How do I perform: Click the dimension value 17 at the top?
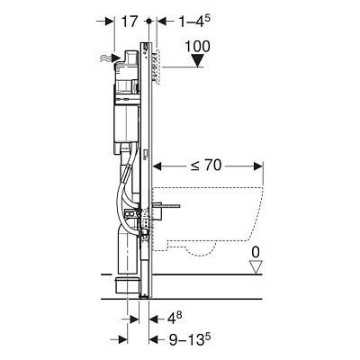pyautogui.click(x=130, y=22)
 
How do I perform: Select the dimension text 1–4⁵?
pyautogui.click(x=194, y=22)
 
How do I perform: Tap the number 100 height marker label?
pyautogui.click(x=197, y=47)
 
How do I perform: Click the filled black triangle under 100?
pyautogui.click(x=197, y=61)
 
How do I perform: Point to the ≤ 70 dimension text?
pyautogui.click(x=206, y=165)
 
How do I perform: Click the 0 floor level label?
pyautogui.click(x=256, y=253)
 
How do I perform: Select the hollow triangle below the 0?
pyautogui.click(x=256, y=267)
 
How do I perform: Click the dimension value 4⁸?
pyautogui.click(x=174, y=319)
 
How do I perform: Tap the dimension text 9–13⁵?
pyautogui.click(x=189, y=339)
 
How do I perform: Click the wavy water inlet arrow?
pyautogui.click(x=110, y=58)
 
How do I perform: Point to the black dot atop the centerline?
pyautogui.click(x=148, y=22)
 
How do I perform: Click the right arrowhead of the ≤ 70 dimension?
pyautogui.click(x=258, y=166)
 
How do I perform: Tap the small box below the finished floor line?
pyautogui.click(x=128, y=286)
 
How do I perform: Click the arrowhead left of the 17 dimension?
pyautogui.click(x=109, y=22)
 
